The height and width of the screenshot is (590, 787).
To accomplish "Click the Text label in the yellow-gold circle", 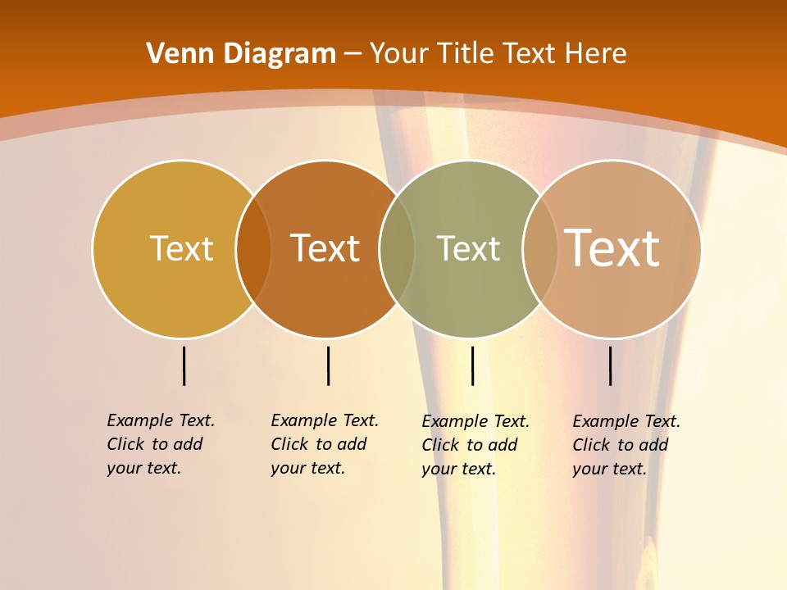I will (x=181, y=248).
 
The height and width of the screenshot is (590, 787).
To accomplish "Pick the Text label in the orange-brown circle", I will (x=325, y=248).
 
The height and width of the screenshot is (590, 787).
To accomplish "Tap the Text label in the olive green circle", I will (x=468, y=248).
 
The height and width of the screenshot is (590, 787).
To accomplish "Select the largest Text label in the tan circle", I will (x=612, y=247).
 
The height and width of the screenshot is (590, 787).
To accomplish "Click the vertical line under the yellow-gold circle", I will (x=184, y=365).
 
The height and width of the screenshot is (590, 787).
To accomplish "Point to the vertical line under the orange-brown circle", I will (x=328, y=365).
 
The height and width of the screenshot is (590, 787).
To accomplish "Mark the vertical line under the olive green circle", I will (x=472, y=365).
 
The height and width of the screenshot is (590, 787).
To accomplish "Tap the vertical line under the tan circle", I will (x=610, y=365).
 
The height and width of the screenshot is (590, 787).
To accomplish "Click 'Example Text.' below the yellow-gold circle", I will (x=161, y=420).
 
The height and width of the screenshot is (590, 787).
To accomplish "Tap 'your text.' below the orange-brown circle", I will (x=308, y=468).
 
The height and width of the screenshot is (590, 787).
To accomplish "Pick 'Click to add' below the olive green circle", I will (x=470, y=445).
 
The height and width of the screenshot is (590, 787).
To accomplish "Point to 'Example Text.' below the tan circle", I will (x=626, y=421).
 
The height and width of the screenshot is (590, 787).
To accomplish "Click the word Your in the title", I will (x=399, y=54).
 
